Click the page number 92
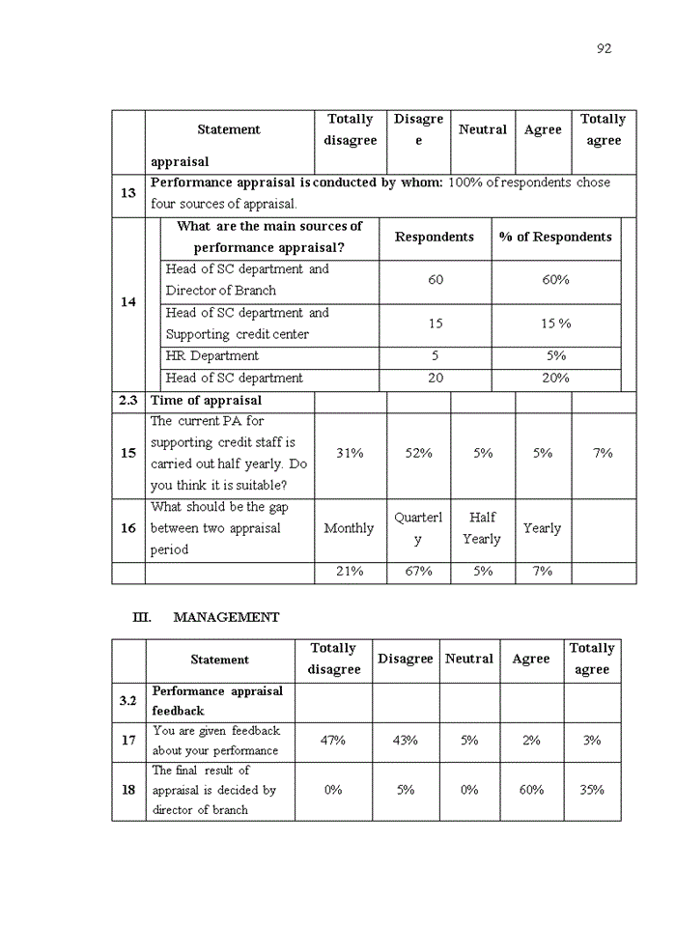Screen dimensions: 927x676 click(605, 48)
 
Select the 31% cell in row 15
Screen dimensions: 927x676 click(350, 453)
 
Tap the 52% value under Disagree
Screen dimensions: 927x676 click(418, 453)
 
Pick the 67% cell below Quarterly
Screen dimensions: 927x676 click(418, 572)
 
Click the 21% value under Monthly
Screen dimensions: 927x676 click(350, 572)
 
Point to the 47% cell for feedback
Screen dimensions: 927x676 click(333, 741)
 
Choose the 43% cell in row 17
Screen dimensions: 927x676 click(406, 741)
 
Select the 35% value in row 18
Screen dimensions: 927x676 click(592, 790)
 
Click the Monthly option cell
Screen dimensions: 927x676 click(350, 528)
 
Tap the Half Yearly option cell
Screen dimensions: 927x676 click(482, 528)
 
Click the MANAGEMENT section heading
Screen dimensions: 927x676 click(226, 617)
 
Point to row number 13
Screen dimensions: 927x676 click(127, 193)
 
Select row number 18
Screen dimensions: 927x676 click(127, 790)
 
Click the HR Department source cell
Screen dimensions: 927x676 click(211, 356)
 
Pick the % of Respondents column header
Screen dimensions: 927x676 click(555, 238)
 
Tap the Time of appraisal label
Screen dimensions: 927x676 click(206, 401)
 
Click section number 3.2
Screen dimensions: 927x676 click(127, 701)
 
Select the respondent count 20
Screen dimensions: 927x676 click(436, 379)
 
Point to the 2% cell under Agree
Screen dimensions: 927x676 click(531, 741)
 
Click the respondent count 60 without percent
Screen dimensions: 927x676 click(436, 280)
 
